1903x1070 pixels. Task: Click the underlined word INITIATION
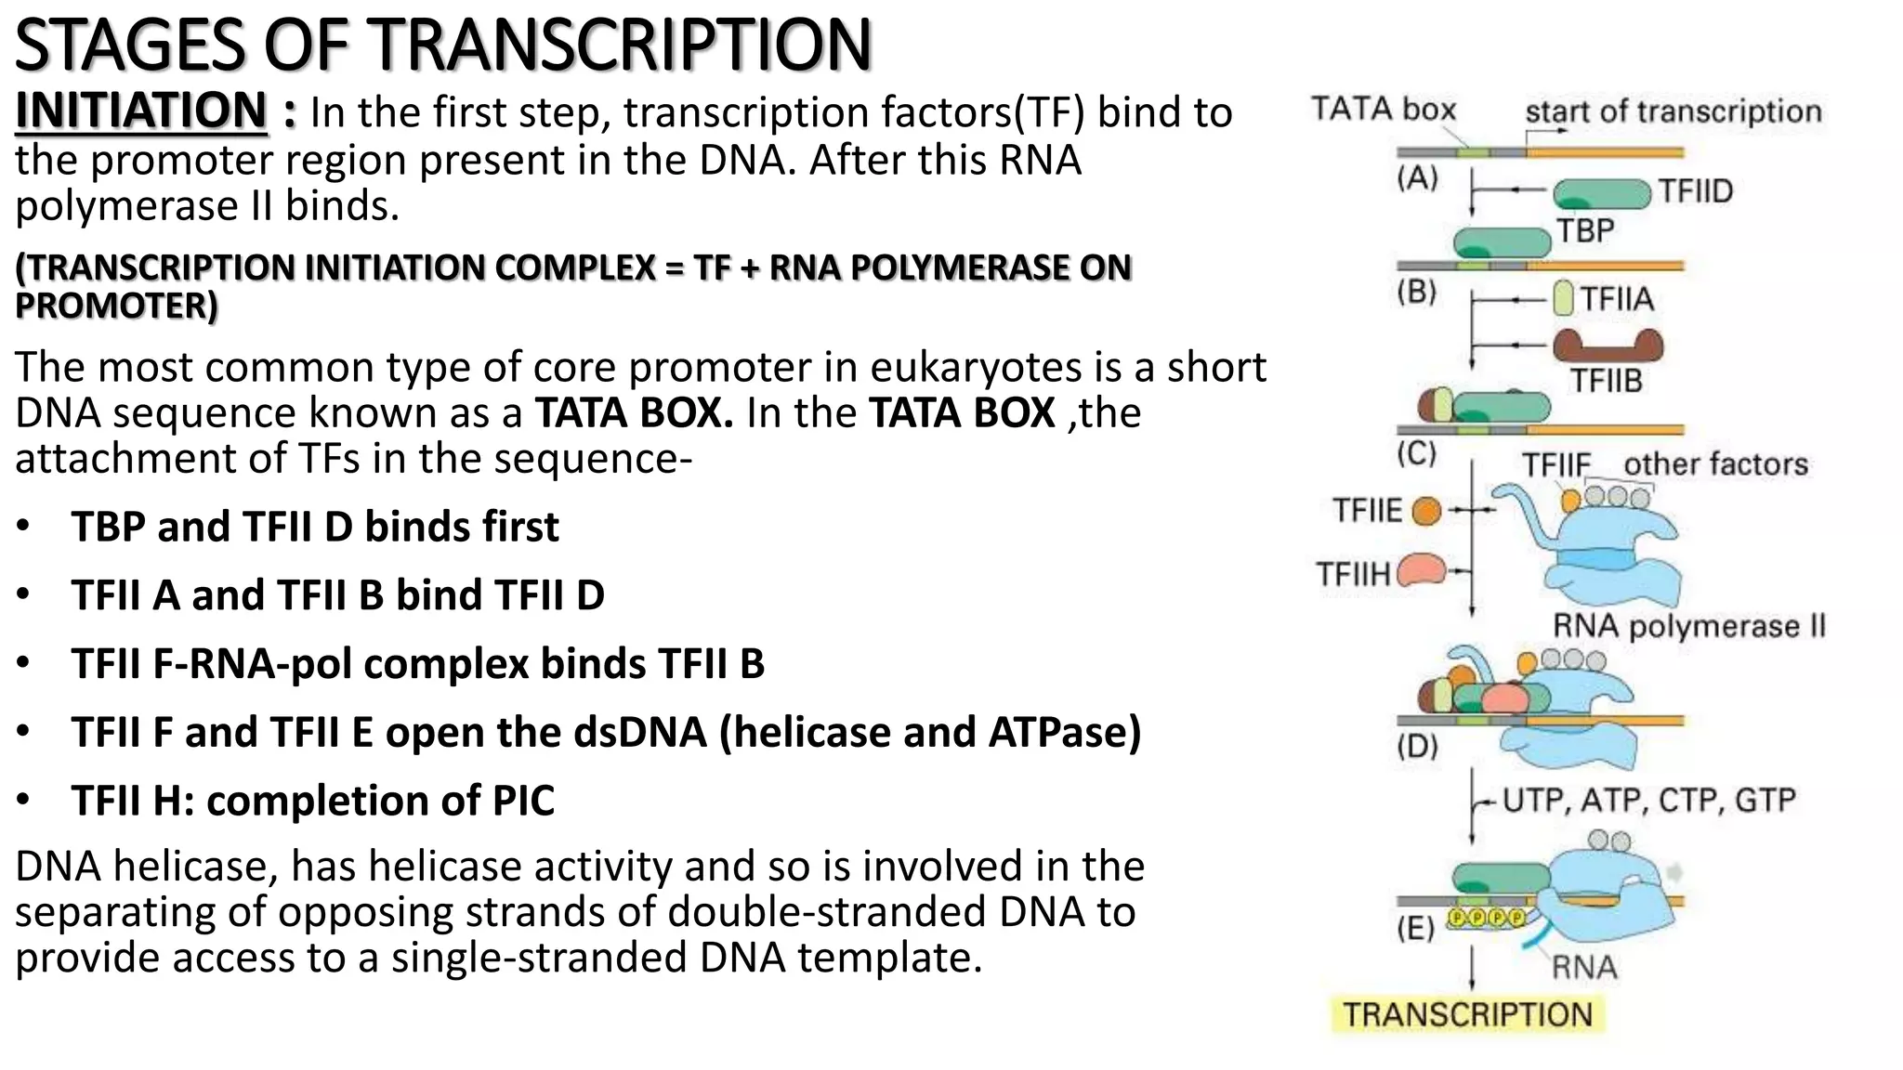coord(141,111)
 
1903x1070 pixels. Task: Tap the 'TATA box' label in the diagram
coord(1383,110)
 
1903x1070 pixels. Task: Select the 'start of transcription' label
coord(1673,111)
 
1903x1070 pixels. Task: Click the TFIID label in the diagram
coord(1696,191)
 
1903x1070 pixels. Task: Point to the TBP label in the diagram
coord(1585,230)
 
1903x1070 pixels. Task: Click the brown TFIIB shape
coord(1608,346)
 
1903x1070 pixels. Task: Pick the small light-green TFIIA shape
coord(1564,299)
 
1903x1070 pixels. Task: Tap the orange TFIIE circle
coord(1426,511)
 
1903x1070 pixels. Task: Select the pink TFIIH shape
coord(1420,570)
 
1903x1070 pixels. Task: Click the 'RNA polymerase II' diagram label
coord(1688,626)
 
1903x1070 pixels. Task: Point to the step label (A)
coord(1417,177)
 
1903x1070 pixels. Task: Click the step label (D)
coord(1417,746)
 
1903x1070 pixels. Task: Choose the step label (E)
coord(1415,927)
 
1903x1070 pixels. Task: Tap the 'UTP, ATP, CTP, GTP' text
coord(1648,800)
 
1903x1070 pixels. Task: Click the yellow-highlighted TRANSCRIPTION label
coord(1467,1014)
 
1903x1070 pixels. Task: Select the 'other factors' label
coord(1715,463)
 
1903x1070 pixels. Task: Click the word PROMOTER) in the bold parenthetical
coord(116,306)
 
